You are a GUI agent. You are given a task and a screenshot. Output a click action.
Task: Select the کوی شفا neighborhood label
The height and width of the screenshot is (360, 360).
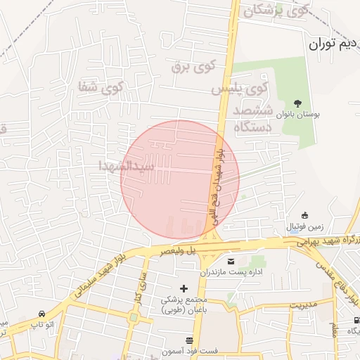pos(102,89)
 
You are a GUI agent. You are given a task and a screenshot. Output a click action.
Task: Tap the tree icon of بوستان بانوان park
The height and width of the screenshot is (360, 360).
pos(298,103)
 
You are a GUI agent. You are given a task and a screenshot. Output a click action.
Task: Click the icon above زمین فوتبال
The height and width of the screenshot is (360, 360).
pos(304,215)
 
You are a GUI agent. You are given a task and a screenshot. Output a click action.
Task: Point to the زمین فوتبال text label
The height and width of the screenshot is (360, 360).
pos(304,227)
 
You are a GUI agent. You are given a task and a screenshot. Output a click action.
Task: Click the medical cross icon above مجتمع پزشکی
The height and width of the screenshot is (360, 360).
pos(185,288)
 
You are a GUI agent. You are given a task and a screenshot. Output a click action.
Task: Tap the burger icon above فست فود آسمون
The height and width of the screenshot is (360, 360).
pos(189,340)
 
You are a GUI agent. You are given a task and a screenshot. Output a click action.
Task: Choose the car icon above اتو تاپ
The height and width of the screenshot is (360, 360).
pos(42,314)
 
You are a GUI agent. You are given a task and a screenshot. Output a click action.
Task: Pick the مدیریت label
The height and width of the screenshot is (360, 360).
pos(305,305)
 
